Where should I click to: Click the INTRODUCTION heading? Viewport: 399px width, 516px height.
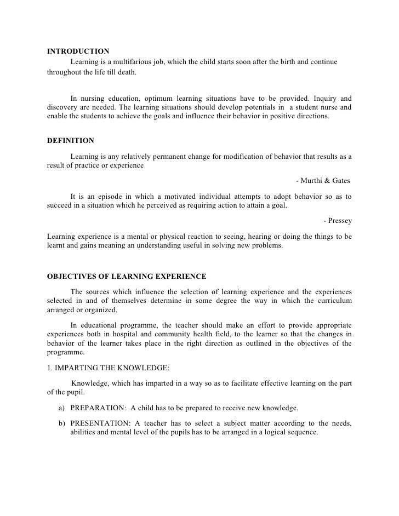(78, 52)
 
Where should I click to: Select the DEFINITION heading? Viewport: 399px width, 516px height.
(71, 141)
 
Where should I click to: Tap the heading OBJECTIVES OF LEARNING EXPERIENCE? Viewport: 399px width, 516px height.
(127, 275)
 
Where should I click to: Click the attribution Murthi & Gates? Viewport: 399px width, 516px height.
(322, 181)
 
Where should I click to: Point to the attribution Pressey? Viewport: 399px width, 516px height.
(338, 221)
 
